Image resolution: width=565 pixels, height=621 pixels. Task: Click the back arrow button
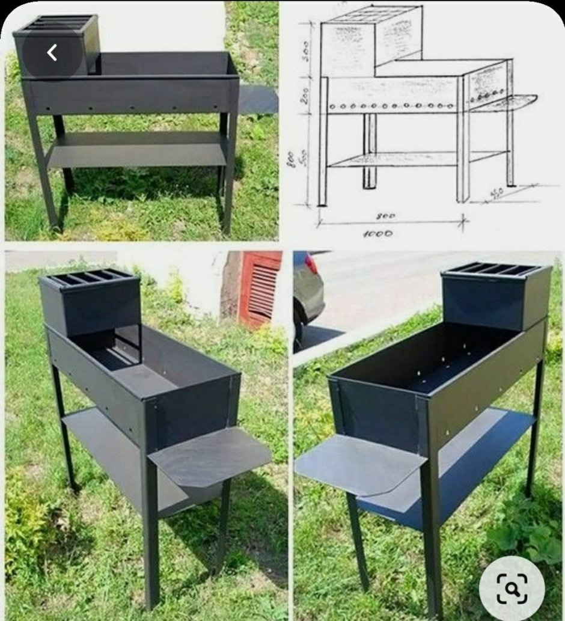tap(52, 53)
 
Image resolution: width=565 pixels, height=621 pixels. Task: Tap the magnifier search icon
tap(512, 588)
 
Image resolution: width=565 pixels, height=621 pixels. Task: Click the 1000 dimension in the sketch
tap(377, 233)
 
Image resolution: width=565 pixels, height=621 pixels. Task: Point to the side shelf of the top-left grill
tap(258, 100)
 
